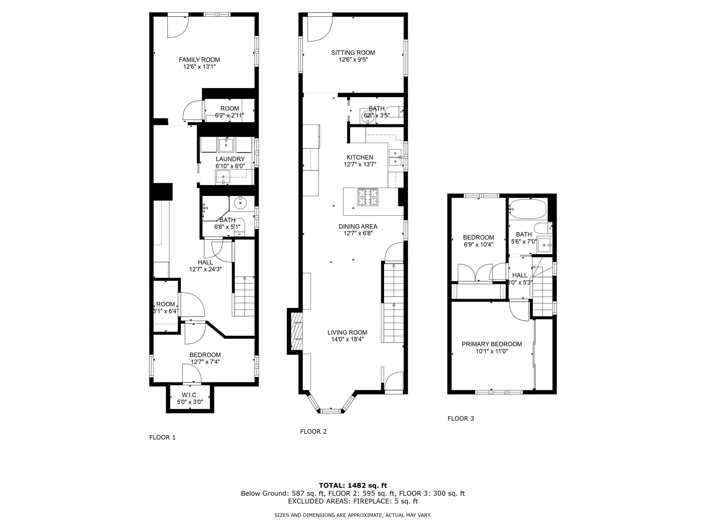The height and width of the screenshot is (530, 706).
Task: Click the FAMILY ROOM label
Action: pyautogui.click(x=199, y=60)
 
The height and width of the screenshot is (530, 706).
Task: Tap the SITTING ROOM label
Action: pyautogui.click(x=353, y=53)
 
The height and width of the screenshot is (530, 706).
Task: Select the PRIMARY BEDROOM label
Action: pyautogui.click(x=492, y=344)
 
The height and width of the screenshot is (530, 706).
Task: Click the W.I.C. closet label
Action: pyautogui.click(x=190, y=395)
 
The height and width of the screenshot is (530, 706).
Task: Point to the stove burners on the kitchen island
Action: pyautogui.click(x=368, y=197)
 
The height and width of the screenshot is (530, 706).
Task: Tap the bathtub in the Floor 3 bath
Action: pyautogui.click(x=528, y=209)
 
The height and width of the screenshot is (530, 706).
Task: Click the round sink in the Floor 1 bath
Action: pyautogui.click(x=240, y=203)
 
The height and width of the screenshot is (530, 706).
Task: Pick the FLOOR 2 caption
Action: pyautogui.click(x=313, y=432)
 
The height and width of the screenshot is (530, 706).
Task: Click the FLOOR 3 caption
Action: pyautogui.click(x=461, y=418)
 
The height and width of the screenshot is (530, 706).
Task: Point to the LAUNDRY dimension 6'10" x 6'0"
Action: pyautogui.click(x=230, y=166)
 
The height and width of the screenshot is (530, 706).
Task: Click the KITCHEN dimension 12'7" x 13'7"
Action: pyautogui.click(x=360, y=165)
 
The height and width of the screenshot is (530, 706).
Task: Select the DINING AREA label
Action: pyautogui.click(x=358, y=227)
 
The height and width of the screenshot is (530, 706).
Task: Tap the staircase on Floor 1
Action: pyautogui.click(x=245, y=297)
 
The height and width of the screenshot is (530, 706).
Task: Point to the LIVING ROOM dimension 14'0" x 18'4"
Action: pyautogui.click(x=347, y=339)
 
